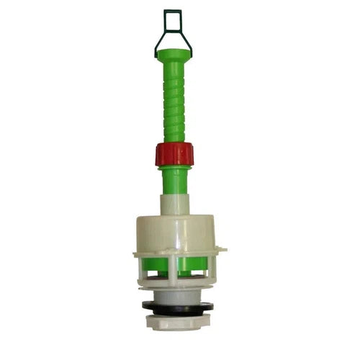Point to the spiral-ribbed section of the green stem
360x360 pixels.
point(173,101)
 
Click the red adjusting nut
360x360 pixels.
point(174,154)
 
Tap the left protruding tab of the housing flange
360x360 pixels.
point(137,253)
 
